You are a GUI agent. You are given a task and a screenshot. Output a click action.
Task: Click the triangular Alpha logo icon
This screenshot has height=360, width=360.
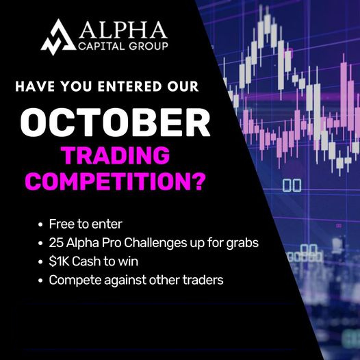pos(58,37)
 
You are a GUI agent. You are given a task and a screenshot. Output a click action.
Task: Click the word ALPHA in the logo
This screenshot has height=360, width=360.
pos(123,29)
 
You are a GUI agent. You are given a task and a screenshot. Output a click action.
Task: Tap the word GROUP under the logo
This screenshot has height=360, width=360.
pos(149,47)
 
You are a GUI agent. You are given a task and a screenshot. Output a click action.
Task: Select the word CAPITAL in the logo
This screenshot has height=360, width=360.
pos(102,47)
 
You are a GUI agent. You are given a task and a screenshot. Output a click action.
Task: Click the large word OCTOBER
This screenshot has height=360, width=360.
pos(115,123)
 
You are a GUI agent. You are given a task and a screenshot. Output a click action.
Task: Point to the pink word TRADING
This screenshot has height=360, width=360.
pos(116,155)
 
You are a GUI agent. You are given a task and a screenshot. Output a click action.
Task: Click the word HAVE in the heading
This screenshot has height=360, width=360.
pos(35,86)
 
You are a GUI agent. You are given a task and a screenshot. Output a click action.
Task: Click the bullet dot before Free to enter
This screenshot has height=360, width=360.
pos(40,224)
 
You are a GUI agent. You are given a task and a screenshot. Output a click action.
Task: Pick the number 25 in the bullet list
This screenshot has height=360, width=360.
pos(56,243)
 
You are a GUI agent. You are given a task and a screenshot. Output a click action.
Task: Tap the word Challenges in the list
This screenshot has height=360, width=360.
pos(155,243)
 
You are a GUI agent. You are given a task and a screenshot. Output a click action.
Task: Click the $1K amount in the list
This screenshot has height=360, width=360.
pos(59,261)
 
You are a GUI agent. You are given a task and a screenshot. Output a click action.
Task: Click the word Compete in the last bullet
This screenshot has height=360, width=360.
pos(75,281)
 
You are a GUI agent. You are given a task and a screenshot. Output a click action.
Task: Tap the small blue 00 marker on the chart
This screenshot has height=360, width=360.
pos(292,185)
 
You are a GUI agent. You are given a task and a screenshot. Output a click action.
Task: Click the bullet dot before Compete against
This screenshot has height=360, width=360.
pos(40,281)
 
